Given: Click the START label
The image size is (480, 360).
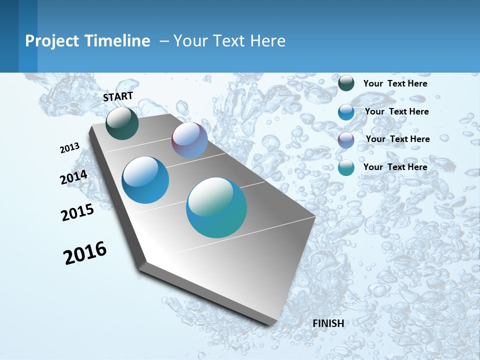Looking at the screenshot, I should tap(118, 96).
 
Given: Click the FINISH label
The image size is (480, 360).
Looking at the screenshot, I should tap(328, 323).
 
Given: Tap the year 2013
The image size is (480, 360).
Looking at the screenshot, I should tap(69, 148).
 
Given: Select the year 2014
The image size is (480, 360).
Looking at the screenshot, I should tap(74, 177).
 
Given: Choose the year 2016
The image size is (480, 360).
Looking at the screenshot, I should tap(85, 253).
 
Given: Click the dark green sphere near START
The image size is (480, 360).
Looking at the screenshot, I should tap(122, 123).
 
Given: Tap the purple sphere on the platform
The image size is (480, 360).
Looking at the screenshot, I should tap(189, 140).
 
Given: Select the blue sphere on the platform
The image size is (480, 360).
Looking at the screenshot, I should tap(145, 180).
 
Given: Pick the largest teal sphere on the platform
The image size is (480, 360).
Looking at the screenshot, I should tap(216, 207).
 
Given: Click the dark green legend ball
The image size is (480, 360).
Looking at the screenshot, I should tap(346, 83).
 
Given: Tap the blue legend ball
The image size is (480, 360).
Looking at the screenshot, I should tap(346, 112).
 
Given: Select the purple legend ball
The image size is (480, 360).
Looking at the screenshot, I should tap(346, 140).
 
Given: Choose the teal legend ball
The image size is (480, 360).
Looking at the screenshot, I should tap(346, 167).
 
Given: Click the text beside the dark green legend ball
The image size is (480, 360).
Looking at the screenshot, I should tap(395, 83).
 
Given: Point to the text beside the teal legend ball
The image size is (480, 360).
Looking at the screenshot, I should tap(395, 167).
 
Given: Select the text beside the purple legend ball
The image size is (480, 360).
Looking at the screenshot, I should tap(397, 139).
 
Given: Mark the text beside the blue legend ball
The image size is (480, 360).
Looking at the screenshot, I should tap(396, 111).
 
